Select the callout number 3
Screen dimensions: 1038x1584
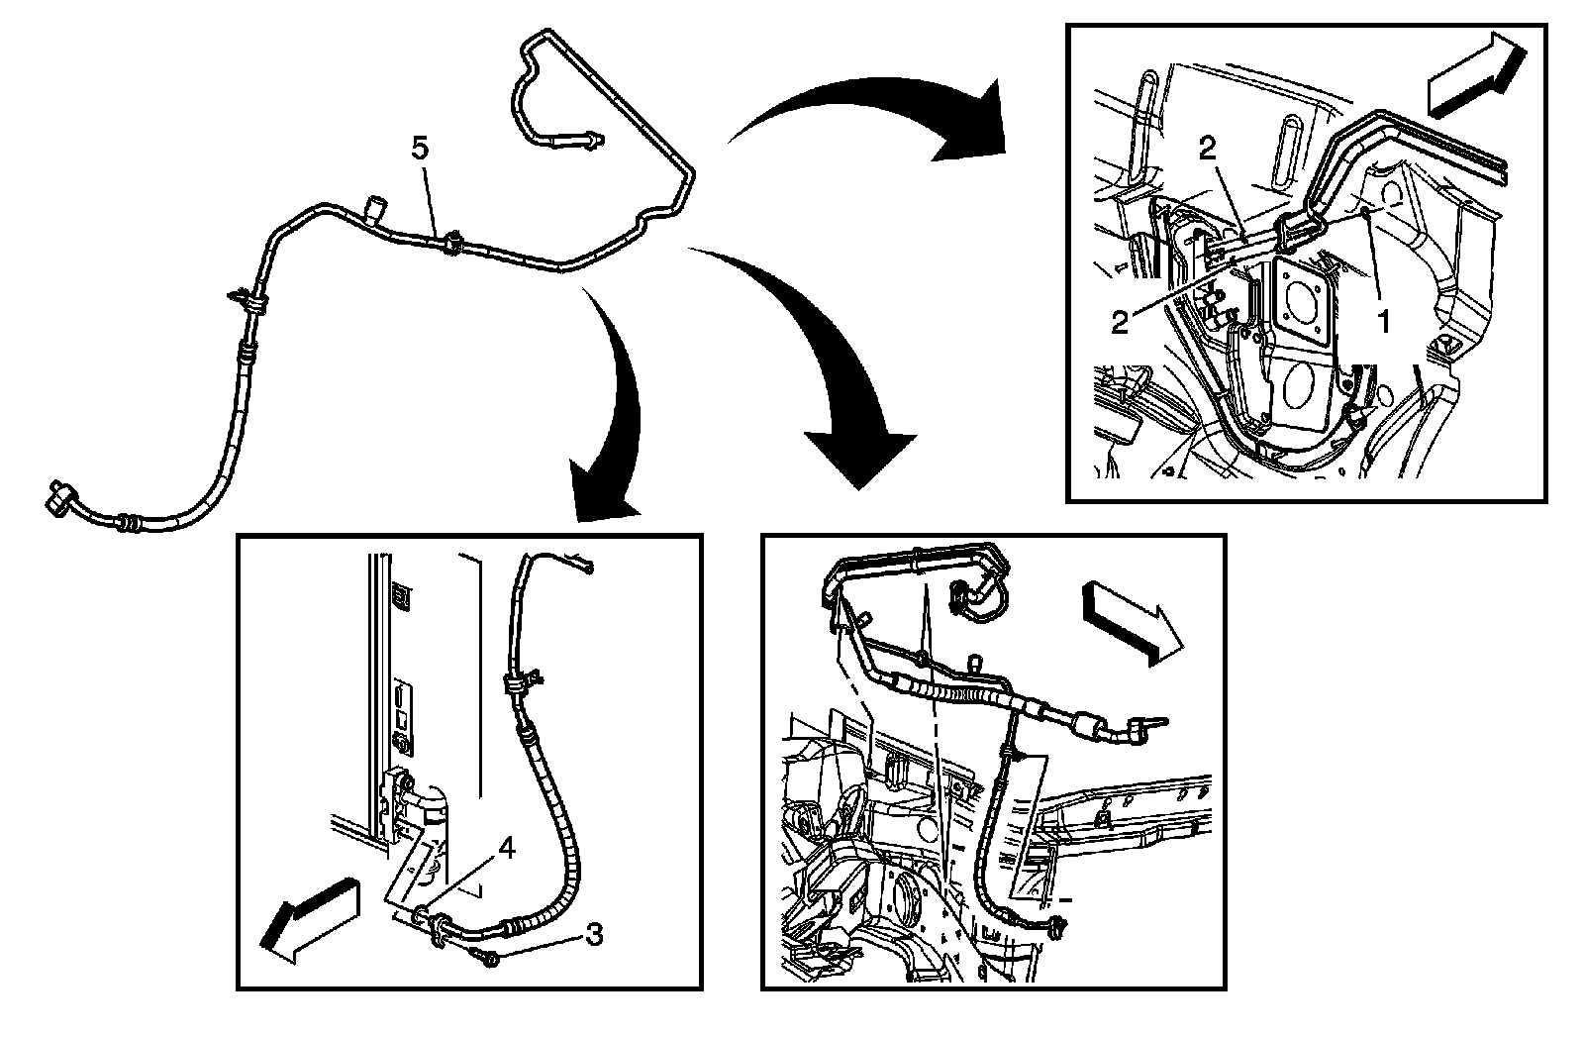pos(594,933)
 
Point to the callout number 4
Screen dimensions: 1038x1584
pos(506,848)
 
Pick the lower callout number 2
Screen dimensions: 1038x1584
pos(1120,323)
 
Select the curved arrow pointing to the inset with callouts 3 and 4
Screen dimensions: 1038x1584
pos(614,436)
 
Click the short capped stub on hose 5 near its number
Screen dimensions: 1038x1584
pos(376,208)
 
